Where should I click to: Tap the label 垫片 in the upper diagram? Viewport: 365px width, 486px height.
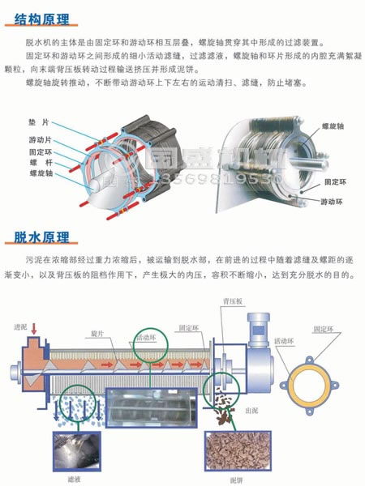37,120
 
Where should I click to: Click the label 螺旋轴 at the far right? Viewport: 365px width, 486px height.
334,128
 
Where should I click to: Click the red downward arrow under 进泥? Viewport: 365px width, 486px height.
34,329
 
